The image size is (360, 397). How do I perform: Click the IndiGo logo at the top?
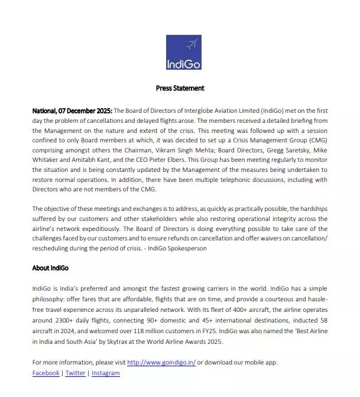[x=184, y=53]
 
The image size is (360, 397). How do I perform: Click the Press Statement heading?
[x=180, y=88]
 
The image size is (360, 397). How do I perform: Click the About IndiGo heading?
[x=50, y=268]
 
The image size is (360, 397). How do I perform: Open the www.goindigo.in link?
[x=161, y=362]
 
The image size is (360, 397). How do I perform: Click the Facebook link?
[x=46, y=373]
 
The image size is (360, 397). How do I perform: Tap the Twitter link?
[x=75, y=373]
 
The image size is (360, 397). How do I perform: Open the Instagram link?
[x=105, y=373]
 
